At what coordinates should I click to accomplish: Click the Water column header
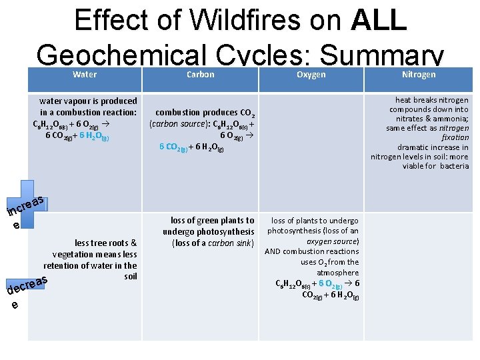84,75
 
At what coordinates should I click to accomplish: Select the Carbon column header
200,75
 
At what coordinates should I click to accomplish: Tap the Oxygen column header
311,75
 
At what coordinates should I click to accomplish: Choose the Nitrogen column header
419,75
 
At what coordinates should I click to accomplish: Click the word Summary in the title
389,53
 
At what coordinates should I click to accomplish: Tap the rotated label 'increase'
25,205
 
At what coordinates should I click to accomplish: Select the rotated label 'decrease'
27,285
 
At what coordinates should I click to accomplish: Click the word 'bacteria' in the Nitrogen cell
454,166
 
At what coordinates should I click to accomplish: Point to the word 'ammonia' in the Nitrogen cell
451,119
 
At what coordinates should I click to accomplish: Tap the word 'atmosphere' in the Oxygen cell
337,273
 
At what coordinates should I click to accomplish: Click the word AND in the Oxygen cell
272,251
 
